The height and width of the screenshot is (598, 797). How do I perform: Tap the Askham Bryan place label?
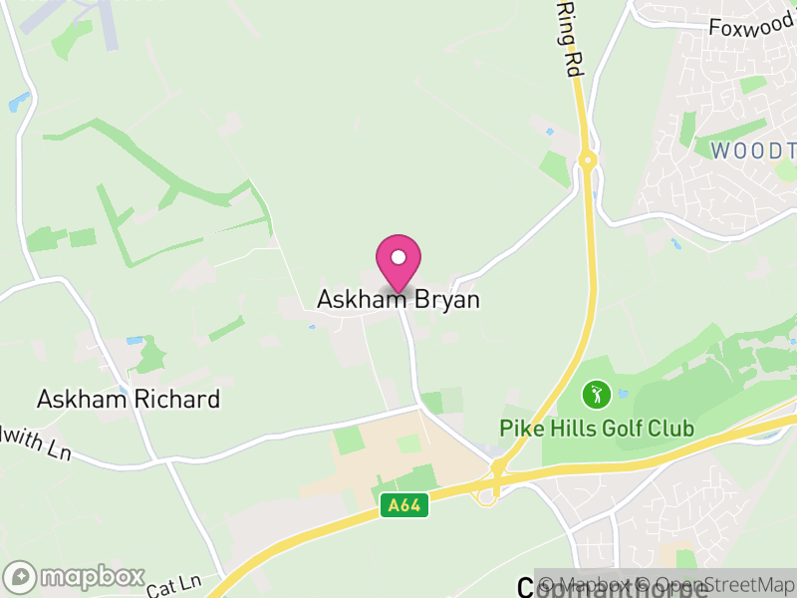click(398, 299)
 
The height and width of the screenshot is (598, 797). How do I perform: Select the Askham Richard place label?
click(129, 400)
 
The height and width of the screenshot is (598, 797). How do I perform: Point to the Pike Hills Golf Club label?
click(597, 430)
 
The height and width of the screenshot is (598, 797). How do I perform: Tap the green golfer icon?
click(596, 395)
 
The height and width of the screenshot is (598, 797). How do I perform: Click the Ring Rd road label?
click(570, 39)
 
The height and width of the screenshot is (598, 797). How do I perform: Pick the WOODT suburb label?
click(753, 150)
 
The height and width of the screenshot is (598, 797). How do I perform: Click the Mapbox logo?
click(75, 576)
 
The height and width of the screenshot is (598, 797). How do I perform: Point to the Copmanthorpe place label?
click(613, 588)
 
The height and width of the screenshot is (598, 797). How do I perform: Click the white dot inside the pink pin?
click(398, 257)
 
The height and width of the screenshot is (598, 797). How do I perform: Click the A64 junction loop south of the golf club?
click(488, 494)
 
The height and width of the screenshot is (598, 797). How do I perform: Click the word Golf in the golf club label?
click(621, 430)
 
